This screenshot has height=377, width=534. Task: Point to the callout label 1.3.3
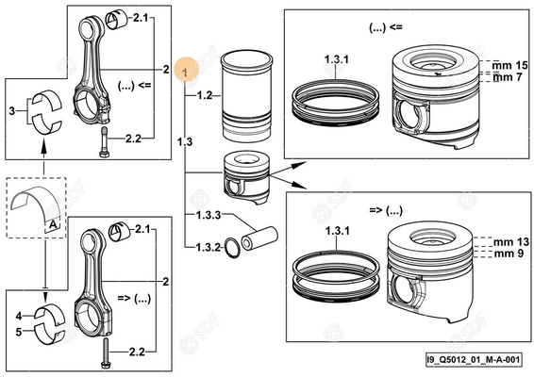(208, 216)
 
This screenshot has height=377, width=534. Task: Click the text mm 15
(507, 63)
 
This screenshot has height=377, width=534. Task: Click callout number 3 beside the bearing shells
(11, 111)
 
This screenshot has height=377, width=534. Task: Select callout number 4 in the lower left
(18, 315)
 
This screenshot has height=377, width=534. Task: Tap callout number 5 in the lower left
(18, 331)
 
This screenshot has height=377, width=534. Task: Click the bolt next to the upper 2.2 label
(102, 142)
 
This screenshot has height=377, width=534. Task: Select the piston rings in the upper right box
(335, 94)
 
